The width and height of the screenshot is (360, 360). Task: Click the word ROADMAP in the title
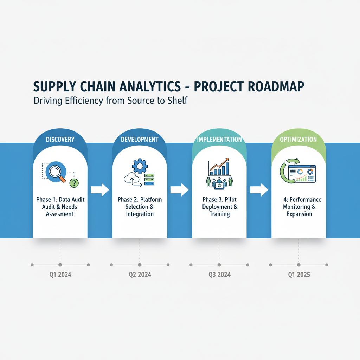pyautogui.click(x=276, y=86)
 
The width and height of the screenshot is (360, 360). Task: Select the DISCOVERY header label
pyautogui.click(x=60, y=139)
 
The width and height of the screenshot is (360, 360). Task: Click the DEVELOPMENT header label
pyautogui.click(x=140, y=139)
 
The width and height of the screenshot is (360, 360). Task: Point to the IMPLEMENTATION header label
pyautogui.click(x=219, y=139)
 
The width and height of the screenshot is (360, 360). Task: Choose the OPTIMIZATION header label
pyautogui.click(x=298, y=139)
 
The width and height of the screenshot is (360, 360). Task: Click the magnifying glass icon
pyautogui.click(x=56, y=173)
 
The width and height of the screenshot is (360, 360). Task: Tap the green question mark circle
pyautogui.click(x=74, y=183)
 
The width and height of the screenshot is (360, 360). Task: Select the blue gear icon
pyautogui.click(x=140, y=166)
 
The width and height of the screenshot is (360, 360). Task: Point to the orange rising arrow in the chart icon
pyautogui.click(x=219, y=164)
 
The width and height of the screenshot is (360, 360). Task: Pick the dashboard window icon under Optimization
pyautogui.click(x=301, y=174)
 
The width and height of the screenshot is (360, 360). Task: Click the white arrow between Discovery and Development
pyautogui.click(x=100, y=190)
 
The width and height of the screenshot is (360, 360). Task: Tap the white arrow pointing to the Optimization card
pyautogui.click(x=259, y=190)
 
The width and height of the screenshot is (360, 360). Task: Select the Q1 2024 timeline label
pyautogui.click(x=60, y=275)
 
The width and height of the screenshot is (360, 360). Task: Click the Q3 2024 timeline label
pyautogui.click(x=219, y=275)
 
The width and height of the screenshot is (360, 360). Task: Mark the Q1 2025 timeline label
pyautogui.click(x=299, y=275)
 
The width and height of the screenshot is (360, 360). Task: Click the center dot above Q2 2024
pyautogui.click(x=140, y=265)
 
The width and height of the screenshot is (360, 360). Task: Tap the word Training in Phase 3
pyautogui.click(x=219, y=214)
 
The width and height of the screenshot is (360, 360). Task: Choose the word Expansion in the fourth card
pyautogui.click(x=299, y=214)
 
